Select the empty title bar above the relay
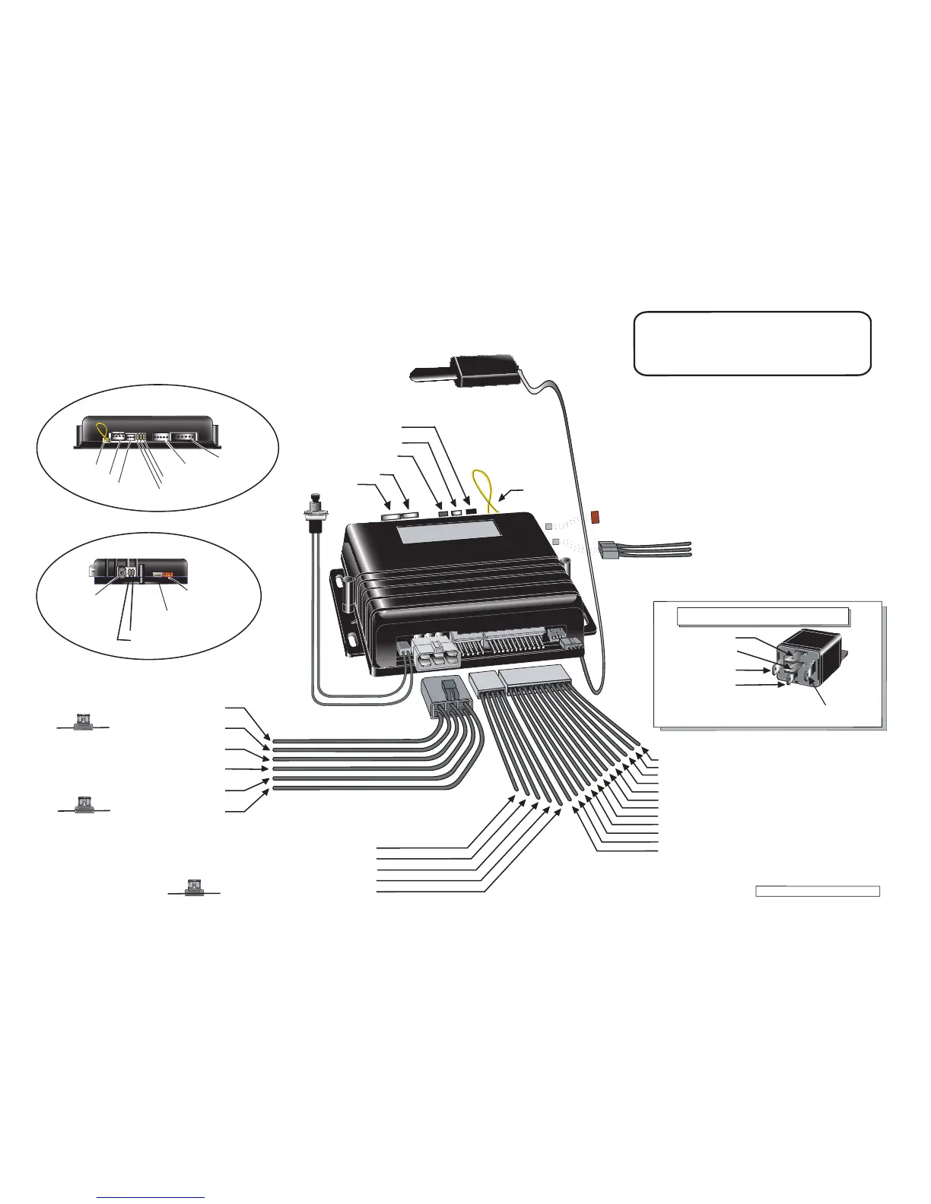click(x=763, y=616)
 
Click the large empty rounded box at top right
click(x=752, y=343)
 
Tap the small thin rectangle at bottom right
click(x=818, y=891)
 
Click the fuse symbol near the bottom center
click(x=194, y=887)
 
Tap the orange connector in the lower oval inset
click(x=169, y=575)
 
